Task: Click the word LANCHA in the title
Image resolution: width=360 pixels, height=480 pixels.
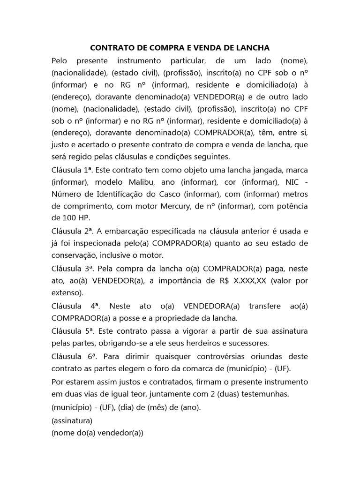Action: point(253,48)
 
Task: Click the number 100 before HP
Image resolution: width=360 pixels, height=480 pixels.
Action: point(69,218)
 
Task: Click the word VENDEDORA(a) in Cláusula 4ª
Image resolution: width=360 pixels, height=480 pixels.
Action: point(211,306)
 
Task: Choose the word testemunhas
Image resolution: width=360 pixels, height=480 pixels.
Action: point(262,394)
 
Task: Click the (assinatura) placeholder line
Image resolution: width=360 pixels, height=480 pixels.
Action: point(72,420)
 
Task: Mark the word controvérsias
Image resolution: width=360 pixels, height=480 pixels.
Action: point(207,355)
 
